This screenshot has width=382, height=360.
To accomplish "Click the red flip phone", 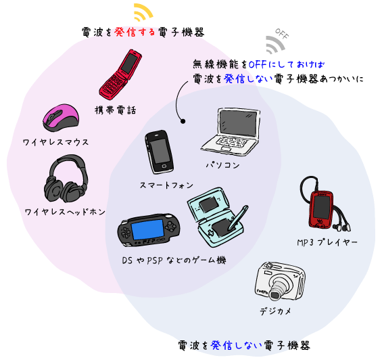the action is click(x=120, y=74).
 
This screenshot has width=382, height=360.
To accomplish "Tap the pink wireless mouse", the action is click(x=61, y=118).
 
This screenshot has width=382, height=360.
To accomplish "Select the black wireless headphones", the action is click(x=66, y=179).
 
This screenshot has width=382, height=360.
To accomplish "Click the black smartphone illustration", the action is click(x=160, y=152).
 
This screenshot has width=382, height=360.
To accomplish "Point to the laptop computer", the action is click(x=231, y=132).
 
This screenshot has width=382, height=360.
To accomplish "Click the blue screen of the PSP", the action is click(x=147, y=230).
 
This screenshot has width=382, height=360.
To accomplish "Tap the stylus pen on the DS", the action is click(x=238, y=218).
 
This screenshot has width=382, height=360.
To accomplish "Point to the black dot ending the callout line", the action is click(x=183, y=121).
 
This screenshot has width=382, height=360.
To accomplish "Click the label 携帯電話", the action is click(x=115, y=110).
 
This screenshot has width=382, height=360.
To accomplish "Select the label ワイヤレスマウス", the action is click(x=55, y=142).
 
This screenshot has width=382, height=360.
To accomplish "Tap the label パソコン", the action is click(x=222, y=165).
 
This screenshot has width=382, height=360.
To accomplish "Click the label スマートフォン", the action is click(x=166, y=185).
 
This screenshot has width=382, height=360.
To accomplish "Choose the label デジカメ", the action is click(x=275, y=311).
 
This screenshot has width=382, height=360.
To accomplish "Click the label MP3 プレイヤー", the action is click(x=327, y=242).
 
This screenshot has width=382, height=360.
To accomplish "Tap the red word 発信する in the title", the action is click(x=135, y=32).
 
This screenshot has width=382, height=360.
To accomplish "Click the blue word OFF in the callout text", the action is click(x=258, y=64).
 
